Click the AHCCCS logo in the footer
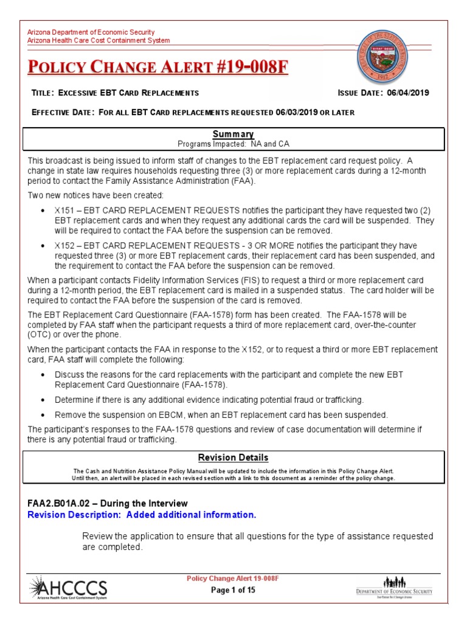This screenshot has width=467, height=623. click(x=68, y=589)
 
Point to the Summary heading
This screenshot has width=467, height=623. click(x=233, y=134)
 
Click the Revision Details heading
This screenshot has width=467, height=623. click(x=233, y=458)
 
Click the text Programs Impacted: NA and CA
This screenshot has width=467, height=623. click(x=233, y=144)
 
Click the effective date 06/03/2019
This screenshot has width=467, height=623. click(x=296, y=113)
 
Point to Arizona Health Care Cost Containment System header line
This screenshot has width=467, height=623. click(x=99, y=41)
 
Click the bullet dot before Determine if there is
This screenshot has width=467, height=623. click(x=42, y=400)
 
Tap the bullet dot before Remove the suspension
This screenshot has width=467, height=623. click(x=42, y=415)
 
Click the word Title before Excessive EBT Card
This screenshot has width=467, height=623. click(x=42, y=93)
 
